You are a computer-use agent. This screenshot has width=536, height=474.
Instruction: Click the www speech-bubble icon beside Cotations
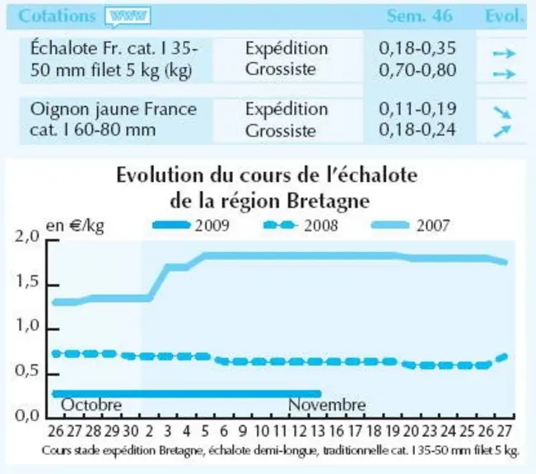point(128,17)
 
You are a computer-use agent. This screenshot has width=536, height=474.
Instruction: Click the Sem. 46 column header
point(419,16)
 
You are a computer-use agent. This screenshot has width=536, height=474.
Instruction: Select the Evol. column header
point(505,16)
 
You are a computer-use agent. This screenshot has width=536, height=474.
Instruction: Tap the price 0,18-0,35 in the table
point(417,49)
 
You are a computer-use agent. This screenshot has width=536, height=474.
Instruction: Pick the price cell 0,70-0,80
point(417,70)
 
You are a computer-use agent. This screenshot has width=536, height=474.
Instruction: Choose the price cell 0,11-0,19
point(417,109)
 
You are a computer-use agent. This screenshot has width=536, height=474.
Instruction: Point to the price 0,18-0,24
point(417,130)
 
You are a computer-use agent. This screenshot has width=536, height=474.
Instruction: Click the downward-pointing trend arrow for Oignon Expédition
point(502,112)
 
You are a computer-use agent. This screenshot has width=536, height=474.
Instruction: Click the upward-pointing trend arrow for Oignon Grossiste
point(502,131)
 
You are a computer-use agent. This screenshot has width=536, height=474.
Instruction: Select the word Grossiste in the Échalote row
point(280,69)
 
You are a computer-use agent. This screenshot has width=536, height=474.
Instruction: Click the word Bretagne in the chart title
point(328,202)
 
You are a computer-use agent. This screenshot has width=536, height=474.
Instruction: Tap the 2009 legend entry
point(191,225)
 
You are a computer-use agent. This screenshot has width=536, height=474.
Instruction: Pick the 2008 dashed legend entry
point(301,225)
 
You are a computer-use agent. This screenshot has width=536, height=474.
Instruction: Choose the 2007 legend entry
point(410,225)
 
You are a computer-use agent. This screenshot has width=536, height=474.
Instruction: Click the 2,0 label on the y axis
point(27,236)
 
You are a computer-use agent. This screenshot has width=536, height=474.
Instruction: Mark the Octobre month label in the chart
point(91,406)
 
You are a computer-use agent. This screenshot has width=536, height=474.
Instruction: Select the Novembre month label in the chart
point(327,406)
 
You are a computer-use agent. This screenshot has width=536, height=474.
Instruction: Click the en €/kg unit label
point(75,226)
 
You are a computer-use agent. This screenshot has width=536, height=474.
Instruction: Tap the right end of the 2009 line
point(319,393)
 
